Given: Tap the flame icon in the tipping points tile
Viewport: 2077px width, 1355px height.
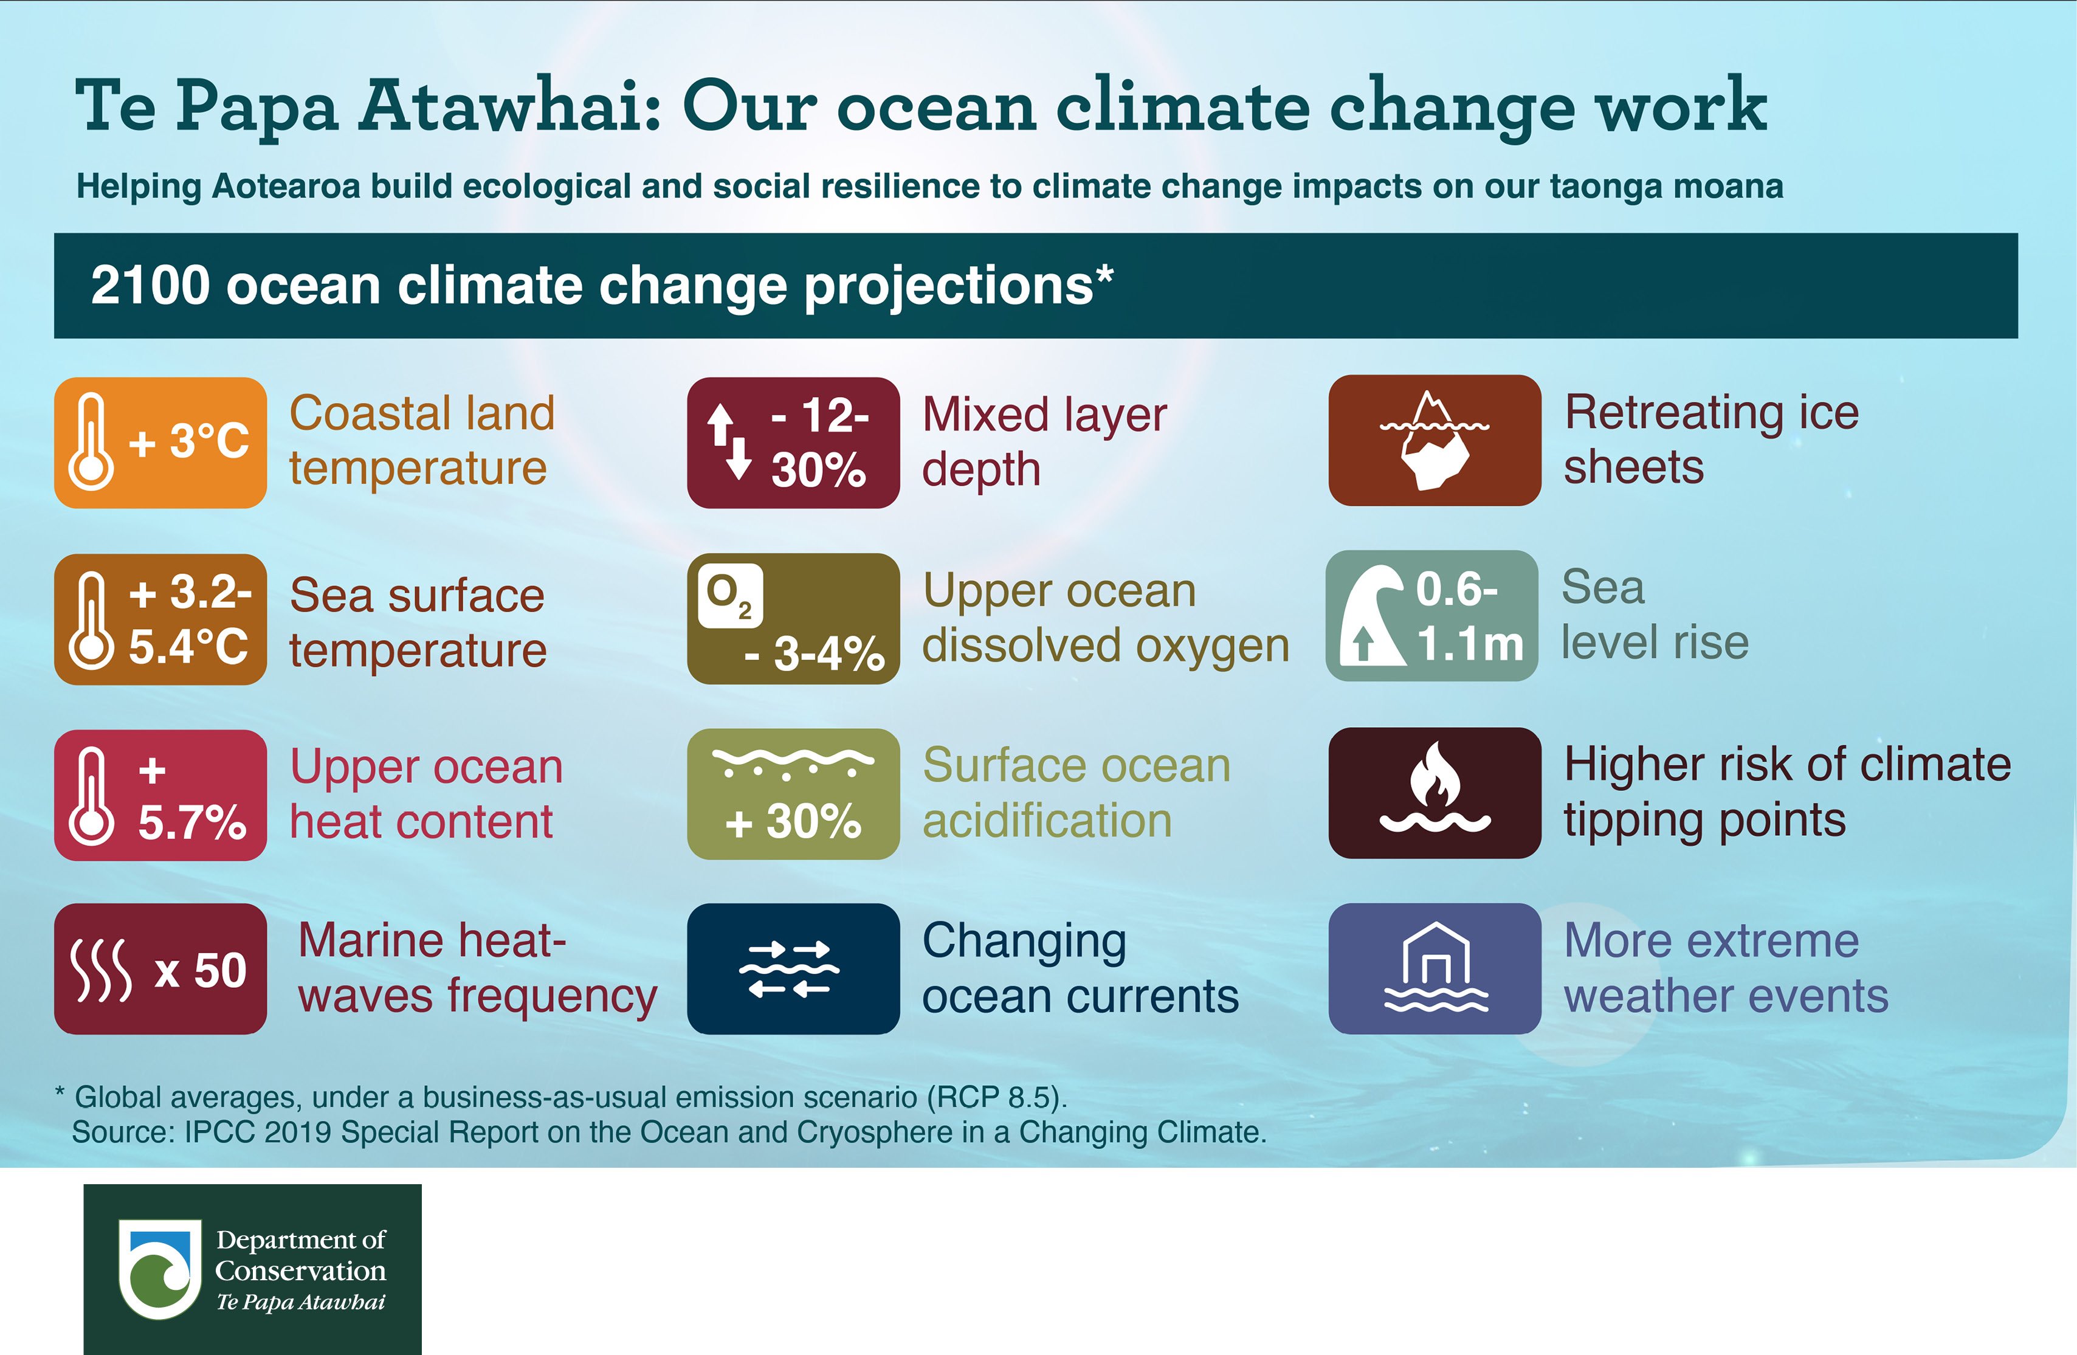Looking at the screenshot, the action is click(x=1435, y=775).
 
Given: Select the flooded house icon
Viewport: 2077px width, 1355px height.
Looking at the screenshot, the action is click(x=1436, y=968).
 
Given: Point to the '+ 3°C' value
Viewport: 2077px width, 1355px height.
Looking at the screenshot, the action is click(x=188, y=441).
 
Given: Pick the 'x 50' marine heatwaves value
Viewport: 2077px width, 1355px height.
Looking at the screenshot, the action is click(x=201, y=970).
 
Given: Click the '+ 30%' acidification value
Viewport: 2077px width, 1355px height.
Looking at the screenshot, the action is click(x=793, y=821).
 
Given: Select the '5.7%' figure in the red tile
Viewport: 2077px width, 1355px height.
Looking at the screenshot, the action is click(x=192, y=822).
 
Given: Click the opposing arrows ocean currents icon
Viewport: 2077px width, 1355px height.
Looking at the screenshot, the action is click(x=790, y=968).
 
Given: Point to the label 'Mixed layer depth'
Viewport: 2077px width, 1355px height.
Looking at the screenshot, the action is click(x=1045, y=441).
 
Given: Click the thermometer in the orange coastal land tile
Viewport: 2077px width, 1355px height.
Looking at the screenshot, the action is click(x=91, y=441).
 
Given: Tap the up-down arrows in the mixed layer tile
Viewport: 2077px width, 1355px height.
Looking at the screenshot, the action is click(x=729, y=441).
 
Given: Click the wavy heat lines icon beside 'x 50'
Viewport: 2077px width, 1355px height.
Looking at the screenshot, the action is click(x=100, y=970).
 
